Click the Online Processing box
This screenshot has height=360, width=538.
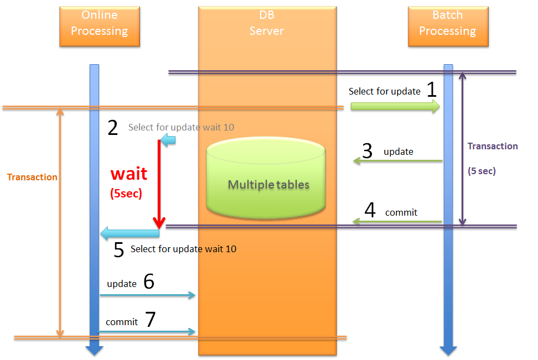coord(100,26)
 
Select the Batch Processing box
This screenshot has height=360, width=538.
coord(448,26)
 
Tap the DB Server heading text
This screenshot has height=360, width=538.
coord(267,23)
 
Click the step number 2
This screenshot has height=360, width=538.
coord(113,128)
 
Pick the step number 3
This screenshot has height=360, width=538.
coord(368,150)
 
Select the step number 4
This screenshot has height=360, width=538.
coord(370,211)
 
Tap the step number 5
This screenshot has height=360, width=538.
coord(118,249)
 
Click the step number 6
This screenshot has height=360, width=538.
coord(149,282)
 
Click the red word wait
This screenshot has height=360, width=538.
coord(128,174)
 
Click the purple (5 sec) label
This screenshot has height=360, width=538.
coord(482,171)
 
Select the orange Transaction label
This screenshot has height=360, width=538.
coord(32,177)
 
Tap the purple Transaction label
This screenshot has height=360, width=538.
coord(493,146)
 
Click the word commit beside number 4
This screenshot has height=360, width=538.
coord(401,212)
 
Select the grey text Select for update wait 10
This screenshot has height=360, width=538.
coord(181,127)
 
